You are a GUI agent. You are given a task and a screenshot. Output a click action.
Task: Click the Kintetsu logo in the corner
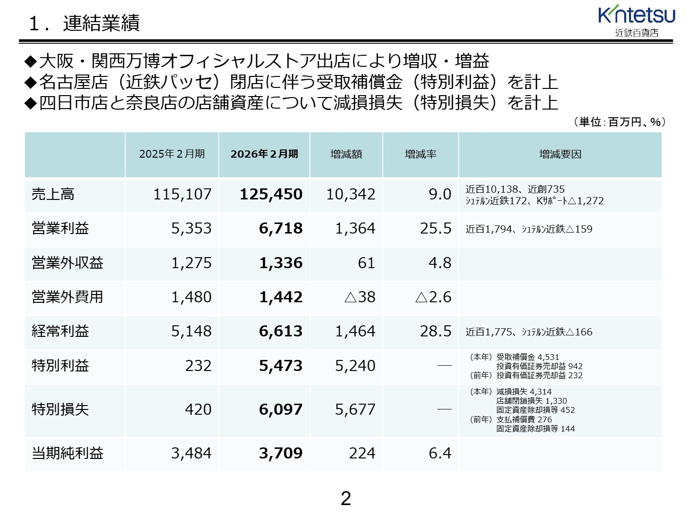coord(636,21)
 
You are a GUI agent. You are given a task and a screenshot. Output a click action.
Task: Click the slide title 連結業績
coord(101,23)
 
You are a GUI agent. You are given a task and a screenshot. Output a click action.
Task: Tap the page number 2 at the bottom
coord(346,498)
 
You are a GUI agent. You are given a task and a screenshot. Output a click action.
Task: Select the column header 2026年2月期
coord(264,154)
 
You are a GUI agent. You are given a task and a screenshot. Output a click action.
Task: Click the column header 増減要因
coord(560,154)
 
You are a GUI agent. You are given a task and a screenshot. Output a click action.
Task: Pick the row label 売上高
coord(53,194)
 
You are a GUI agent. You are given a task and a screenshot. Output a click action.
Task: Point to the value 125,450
coord(271,194)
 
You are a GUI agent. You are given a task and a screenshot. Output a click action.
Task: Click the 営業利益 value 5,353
coord(191,228)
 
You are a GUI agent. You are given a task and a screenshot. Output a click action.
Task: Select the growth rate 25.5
coord(435,228)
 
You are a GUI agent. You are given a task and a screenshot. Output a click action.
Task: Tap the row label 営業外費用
coord(67,297)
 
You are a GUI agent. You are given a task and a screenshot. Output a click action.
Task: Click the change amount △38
coord(360,297)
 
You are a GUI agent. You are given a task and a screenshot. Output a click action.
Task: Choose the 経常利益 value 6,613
coord(281,331)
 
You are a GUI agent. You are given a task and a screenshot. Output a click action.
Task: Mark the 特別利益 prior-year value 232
coord(198,366)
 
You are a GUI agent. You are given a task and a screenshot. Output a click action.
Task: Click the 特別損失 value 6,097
coord(281,409)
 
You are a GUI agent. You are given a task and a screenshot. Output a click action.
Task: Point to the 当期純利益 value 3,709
coord(281,453)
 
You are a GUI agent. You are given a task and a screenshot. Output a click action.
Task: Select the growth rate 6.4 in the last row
coord(440,453)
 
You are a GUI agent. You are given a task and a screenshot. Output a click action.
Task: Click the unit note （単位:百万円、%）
coord(619,122)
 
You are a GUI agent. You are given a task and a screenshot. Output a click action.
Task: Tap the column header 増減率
coord(420,154)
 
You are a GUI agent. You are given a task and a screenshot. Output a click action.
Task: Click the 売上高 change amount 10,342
coord(351,194)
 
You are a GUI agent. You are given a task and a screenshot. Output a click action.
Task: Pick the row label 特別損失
coord(60,409)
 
